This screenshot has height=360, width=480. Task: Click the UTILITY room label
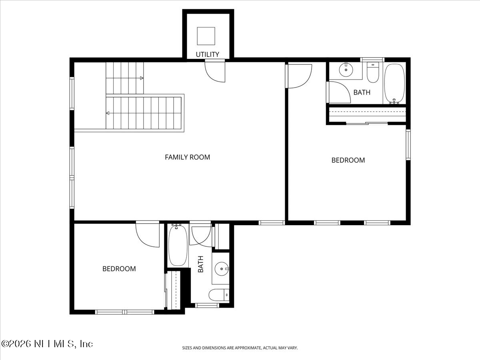(207, 54)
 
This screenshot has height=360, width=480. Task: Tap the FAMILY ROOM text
(187, 157)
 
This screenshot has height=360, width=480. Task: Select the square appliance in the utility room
(206, 36)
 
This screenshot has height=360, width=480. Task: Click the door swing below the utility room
(215, 72)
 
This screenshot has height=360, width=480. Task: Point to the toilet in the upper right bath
(373, 72)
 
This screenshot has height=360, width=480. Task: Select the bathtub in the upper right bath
(394, 84)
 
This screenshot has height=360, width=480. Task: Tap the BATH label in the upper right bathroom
(362, 92)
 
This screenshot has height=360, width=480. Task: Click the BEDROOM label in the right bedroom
(348, 160)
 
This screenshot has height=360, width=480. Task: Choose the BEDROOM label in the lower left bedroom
(119, 269)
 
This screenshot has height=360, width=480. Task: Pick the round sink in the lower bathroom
(221, 268)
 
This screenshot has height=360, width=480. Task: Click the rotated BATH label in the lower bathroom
(201, 264)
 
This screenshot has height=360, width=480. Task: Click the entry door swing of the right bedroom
(298, 76)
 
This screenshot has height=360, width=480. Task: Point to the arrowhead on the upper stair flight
(142, 78)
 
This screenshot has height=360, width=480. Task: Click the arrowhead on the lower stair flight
(108, 113)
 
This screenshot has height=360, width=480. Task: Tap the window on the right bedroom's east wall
(408, 144)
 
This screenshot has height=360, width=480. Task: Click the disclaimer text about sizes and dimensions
(240, 348)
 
